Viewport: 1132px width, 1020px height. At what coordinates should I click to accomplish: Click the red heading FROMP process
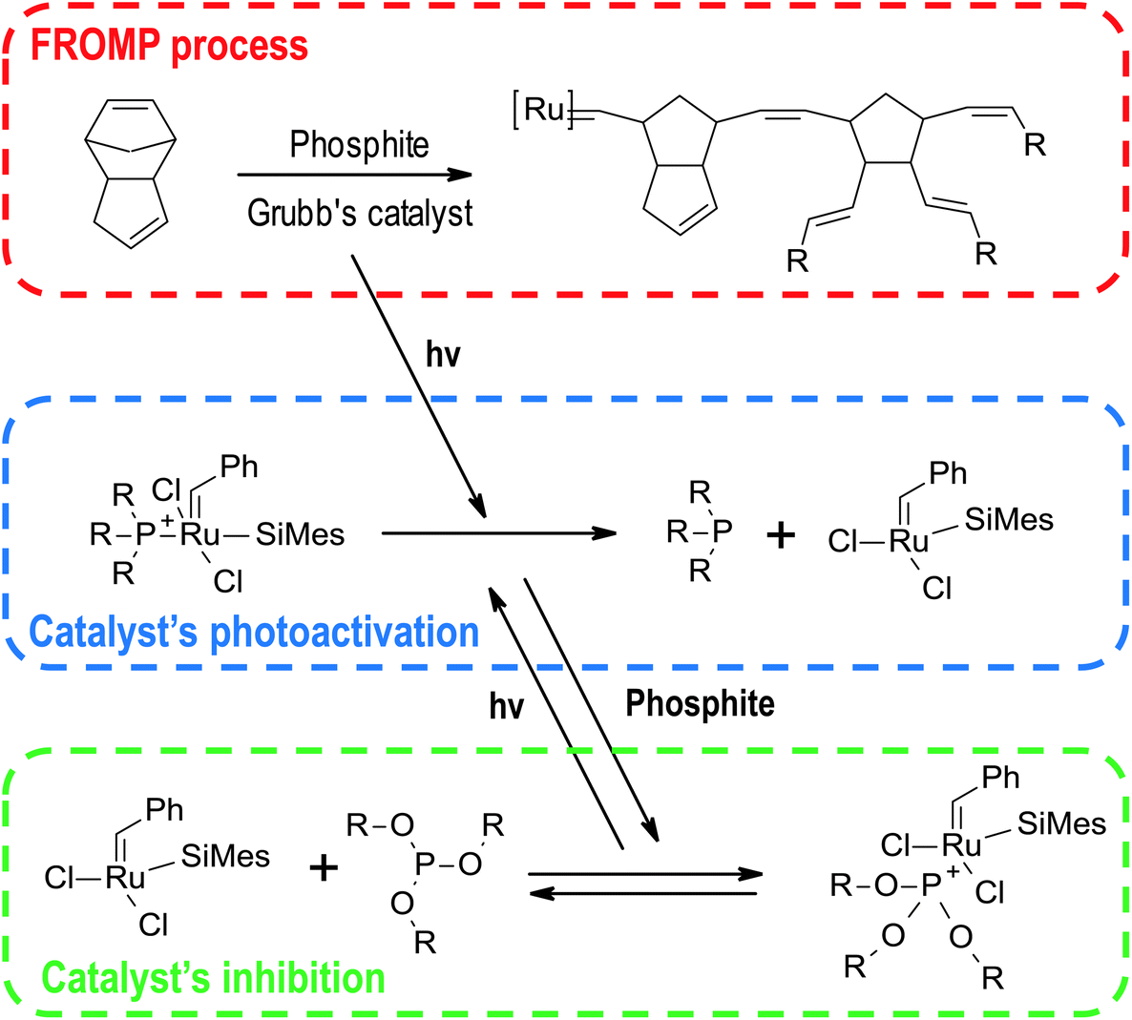coord(170,46)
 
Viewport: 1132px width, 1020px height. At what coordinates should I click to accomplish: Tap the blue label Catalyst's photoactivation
coord(254,633)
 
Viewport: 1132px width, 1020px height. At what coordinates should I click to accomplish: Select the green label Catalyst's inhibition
coord(214,979)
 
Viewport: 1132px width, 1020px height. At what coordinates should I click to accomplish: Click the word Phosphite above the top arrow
coord(359,145)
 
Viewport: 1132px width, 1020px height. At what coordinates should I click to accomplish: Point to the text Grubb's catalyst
coord(360,212)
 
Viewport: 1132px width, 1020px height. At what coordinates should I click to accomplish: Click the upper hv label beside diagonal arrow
coord(443,355)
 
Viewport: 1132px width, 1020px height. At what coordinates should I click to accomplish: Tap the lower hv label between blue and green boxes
coord(507,706)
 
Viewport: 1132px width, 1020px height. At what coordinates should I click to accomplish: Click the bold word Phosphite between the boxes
coord(700,704)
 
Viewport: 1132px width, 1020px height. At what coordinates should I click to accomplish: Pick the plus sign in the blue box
coord(781,535)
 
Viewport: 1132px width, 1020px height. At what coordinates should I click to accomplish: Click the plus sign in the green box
coord(325,867)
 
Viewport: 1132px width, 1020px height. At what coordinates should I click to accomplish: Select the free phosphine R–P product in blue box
coord(702,531)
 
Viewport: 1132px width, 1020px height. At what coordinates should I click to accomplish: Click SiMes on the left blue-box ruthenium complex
coord(300,534)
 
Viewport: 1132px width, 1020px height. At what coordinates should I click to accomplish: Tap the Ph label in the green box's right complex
coord(1000,778)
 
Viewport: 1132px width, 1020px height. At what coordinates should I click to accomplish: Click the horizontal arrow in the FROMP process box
coord(354,176)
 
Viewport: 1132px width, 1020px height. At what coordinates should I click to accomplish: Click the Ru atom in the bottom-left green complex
coord(125,877)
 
